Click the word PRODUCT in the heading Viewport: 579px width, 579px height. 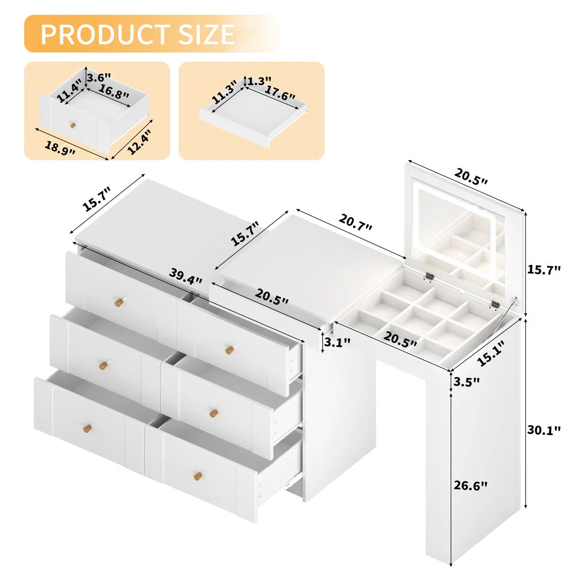[x=105, y=34]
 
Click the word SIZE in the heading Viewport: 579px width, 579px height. [x=205, y=34]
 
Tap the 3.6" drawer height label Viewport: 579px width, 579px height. [x=98, y=77]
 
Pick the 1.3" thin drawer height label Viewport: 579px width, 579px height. [x=260, y=81]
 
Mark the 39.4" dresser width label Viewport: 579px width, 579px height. [x=186, y=276]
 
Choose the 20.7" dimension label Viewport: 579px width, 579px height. [x=356, y=222]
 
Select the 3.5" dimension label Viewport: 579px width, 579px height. [x=467, y=381]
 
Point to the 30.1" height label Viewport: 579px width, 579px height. [x=544, y=430]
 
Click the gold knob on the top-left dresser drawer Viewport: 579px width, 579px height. [x=119, y=303]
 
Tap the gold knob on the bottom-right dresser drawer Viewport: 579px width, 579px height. [x=197, y=477]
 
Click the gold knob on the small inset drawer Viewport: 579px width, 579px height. [x=73, y=125]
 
